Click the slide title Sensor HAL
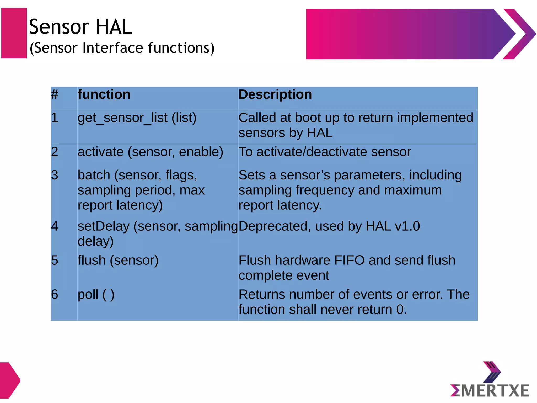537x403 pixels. coord(80,27)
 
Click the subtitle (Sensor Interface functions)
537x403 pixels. coord(122,48)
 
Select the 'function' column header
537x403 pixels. coord(104,94)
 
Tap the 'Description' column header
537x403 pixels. coord(275,94)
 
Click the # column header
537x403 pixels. coord(55,94)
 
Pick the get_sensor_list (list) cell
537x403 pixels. coord(137,118)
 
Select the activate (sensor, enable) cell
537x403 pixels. coord(150,152)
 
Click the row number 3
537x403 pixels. coord(55,175)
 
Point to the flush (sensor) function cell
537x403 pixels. coord(118,261)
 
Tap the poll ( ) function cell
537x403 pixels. coord(96,294)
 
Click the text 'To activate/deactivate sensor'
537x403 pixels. coord(324,152)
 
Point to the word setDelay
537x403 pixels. coord(104,226)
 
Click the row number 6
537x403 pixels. coord(55,294)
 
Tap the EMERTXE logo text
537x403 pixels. coord(490,390)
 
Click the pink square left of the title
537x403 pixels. coord(14,33)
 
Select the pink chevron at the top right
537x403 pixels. coord(519,34)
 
